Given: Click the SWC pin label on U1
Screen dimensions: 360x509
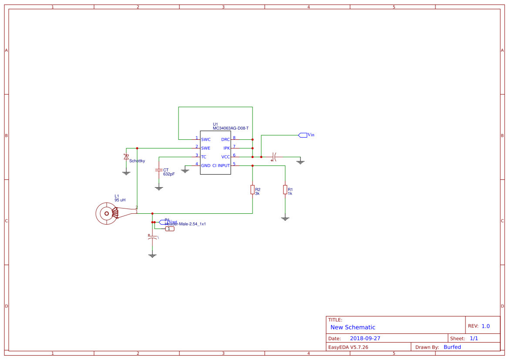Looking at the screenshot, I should (206, 140).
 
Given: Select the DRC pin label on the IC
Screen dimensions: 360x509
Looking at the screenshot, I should (225, 140).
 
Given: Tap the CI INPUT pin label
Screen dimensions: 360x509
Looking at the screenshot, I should (221, 166).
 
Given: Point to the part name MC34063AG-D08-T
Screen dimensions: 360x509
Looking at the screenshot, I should (230, 128).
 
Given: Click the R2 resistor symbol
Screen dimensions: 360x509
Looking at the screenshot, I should (252, 189).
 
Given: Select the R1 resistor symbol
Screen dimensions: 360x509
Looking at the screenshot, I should (285, 189).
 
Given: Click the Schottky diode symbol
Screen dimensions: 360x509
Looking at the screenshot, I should (126, 157).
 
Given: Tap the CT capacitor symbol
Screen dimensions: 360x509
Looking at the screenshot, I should (159, 170).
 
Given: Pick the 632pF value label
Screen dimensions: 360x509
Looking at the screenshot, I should (169, 174).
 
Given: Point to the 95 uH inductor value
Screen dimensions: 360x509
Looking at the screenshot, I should (120, 200).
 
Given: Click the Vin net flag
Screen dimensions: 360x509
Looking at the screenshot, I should (303, 135).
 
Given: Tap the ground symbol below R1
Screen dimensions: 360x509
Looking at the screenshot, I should (285, 219).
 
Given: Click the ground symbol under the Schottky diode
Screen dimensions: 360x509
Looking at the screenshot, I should (126, 173).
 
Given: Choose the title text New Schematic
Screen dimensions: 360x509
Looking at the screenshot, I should (353, 327).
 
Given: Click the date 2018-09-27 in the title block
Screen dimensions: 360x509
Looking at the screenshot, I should (365, 338).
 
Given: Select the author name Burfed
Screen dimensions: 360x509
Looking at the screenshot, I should (452, 347).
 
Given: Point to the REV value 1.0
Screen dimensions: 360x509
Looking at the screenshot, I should (485, 326).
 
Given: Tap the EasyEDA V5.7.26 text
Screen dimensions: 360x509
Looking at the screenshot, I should (348, 347).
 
